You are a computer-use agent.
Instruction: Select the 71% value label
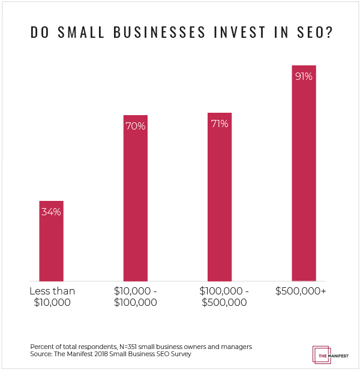[x=219, y=124]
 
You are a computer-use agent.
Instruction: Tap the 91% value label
[x=303, y=77]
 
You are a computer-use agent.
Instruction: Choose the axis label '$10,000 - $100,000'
[x=135, y=297]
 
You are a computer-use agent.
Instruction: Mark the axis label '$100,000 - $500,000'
[x=219, y=297]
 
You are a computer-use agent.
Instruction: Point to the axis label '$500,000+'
[x=303, y=291]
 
